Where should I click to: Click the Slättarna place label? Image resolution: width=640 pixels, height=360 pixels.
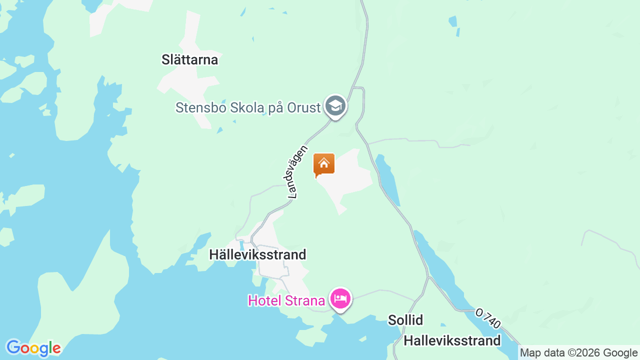click(x=189, y=60)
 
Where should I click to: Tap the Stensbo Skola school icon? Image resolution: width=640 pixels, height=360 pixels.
click(x=335, y=106)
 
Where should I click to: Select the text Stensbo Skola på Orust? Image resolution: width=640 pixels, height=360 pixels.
click(x=247, y=107)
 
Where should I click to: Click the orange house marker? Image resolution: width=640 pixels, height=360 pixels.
click(x=323, y=164)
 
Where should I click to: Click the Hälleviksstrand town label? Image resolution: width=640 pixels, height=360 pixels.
click(x=257, y=254)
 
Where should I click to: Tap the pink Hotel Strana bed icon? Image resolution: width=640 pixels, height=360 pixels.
click(x=340, y=299)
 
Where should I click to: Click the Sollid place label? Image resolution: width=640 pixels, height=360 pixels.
click(x=405, y=320)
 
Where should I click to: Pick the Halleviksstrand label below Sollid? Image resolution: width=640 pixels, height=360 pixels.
click(x=452, y=341)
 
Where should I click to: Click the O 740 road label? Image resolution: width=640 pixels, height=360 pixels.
click(x=488, y=318)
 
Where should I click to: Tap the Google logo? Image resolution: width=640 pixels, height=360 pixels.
click(x=33, y=348)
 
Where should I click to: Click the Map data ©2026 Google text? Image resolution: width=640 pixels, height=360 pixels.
click(x=578, y=353)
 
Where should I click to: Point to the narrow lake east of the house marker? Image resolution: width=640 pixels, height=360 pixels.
click(x=388, y=180)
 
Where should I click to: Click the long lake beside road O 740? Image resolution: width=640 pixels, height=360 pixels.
click(x=440, y=270)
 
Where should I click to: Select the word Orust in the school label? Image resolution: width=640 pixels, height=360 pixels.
click(x=303, y=107)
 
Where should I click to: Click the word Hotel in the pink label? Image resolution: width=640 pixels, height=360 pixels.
click(x=265, y=301)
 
